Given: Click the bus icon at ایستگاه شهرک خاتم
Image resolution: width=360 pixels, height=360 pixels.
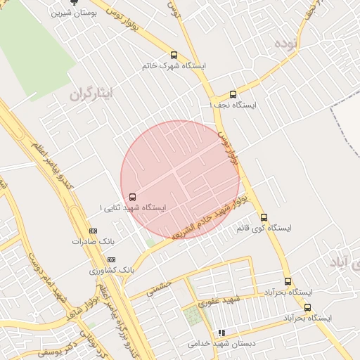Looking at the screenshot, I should [174, 55].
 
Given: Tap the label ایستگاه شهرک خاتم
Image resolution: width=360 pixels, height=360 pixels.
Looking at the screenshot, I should [174, 65].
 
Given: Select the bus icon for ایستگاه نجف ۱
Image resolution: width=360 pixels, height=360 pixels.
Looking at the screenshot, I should [233, 94].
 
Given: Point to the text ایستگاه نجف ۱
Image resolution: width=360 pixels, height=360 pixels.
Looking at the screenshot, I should [233, 105].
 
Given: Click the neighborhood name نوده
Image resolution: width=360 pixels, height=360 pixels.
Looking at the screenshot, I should [287, 44].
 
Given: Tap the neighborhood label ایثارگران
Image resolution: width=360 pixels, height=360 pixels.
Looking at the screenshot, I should [91, 94].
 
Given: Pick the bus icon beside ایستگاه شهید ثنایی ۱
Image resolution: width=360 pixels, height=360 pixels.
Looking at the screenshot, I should [133, 198].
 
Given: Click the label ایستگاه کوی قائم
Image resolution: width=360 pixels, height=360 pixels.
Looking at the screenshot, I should [264, 229].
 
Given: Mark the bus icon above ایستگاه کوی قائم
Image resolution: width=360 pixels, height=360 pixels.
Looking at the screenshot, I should [264, 217].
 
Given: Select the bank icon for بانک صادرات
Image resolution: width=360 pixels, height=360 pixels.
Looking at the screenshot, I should [93, 231].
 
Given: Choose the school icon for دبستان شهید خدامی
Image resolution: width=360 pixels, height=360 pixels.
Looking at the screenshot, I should [221, 333].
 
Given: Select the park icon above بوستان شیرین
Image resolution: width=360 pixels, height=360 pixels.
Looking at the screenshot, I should [75, 2].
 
